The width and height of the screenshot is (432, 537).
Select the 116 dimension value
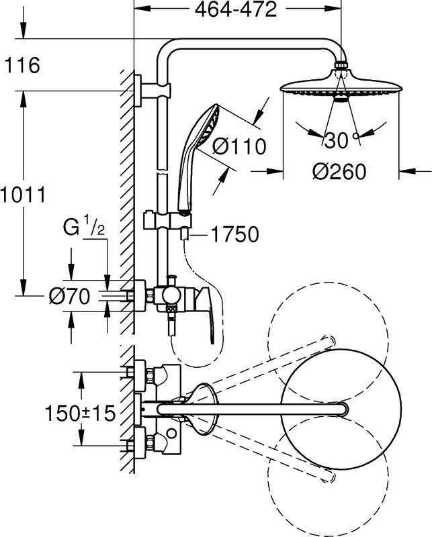click(x=22, y=66)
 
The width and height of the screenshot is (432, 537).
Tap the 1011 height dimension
click(x=22, y=195)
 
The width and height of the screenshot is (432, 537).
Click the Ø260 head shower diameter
click(x=339, y=172)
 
